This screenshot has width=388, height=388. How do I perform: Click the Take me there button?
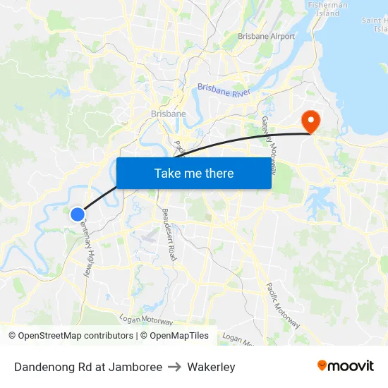click(x=193, y=173)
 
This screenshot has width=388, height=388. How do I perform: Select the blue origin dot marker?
click(x=78, y=214)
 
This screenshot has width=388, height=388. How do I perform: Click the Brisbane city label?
click(x=168, y=114)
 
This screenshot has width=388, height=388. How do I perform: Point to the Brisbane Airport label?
click(x=266, y=36)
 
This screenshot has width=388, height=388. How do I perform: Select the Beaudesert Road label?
click(x=169, y=235)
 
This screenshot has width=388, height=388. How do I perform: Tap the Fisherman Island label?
click(x=327, y=8)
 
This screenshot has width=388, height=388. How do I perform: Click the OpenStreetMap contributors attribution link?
click(x=75, y=336)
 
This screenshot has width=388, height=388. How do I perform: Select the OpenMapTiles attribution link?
click(x=179, y=336)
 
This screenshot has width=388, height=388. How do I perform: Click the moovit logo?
click(x=346, y=365)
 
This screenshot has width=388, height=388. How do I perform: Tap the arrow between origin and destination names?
click(x=174, y=367)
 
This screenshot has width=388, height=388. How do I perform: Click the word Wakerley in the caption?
click(x=211, y=367)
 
